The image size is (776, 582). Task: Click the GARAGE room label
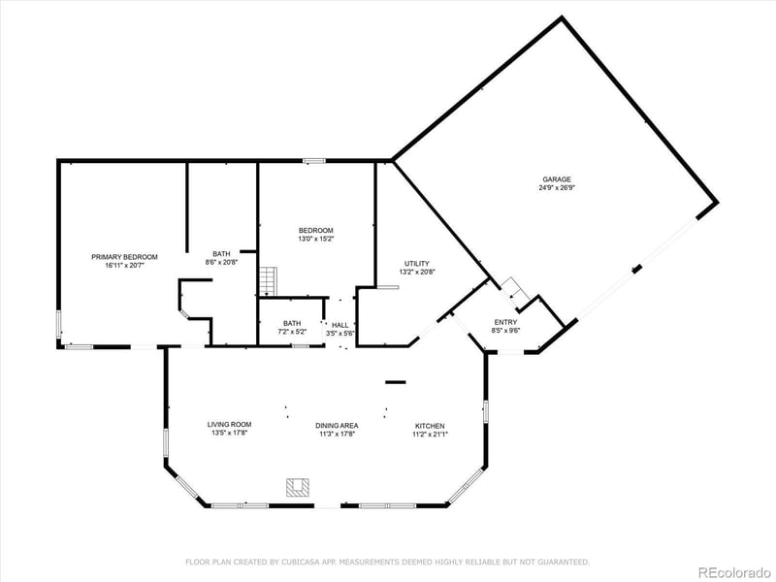(557, 179)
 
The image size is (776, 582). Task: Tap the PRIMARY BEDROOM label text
(124, 257)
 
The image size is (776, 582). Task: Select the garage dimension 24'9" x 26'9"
(557, 188)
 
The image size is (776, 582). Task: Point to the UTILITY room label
(417, 264)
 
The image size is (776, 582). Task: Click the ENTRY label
(506, 322)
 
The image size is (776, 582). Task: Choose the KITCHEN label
(430, 426)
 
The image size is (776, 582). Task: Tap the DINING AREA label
(337, 426)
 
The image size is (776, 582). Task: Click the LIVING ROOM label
(230, 425)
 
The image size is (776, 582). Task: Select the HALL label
(340, 325)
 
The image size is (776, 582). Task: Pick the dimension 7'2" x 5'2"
(292, 333)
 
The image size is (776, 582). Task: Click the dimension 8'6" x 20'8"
(221, 262)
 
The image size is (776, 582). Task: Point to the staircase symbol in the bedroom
(268, 282)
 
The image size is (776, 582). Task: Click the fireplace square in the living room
(297, 487)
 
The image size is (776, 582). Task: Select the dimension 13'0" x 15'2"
(315, 239)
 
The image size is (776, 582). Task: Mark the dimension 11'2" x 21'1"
(430, 435)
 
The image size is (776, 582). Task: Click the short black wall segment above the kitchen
(396, 382)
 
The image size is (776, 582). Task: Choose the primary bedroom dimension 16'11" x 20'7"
(124, 266)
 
